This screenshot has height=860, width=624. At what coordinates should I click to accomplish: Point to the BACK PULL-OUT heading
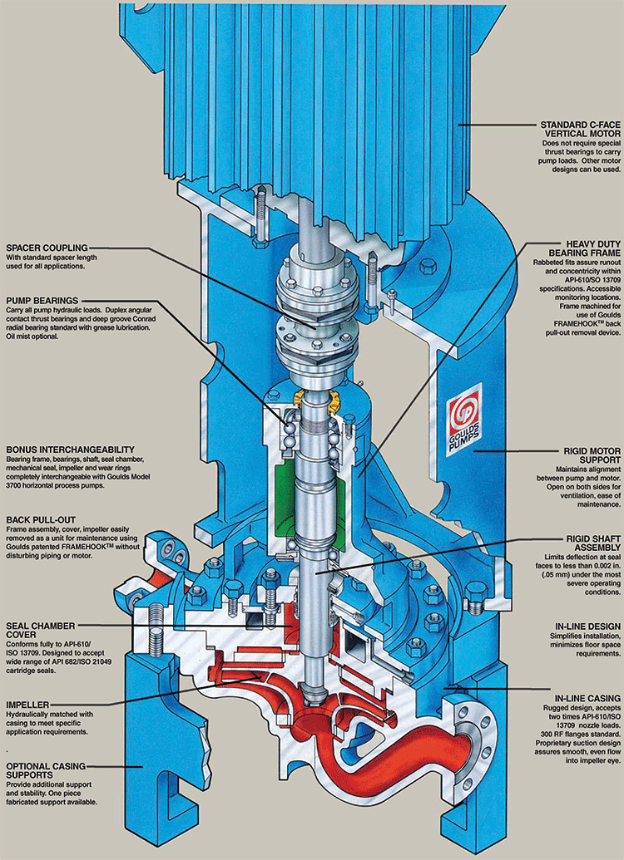(43, 518)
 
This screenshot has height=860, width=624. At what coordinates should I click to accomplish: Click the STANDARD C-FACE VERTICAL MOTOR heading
(580, 131)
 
